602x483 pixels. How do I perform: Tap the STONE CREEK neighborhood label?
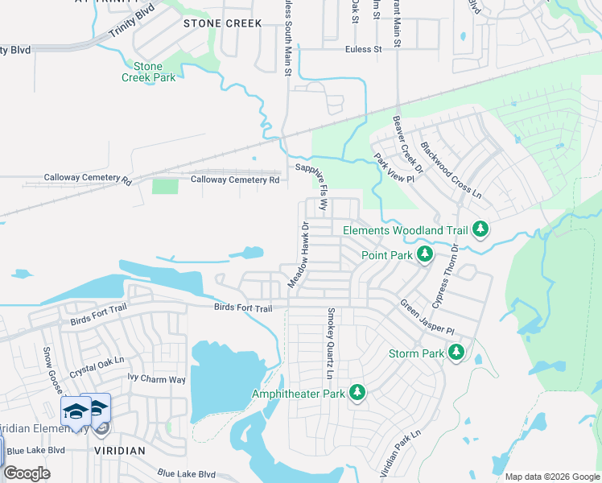223,23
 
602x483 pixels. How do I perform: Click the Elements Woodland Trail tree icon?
480,229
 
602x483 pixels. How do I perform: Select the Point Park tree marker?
425,255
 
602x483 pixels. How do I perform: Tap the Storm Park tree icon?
456,353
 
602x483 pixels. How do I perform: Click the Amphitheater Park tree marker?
357,393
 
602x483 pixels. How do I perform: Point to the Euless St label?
363,49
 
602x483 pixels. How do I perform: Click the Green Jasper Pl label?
427,319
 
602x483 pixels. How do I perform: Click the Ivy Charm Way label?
157,379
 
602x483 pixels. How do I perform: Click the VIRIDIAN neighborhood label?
118,451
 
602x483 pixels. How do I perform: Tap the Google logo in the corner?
27,473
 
